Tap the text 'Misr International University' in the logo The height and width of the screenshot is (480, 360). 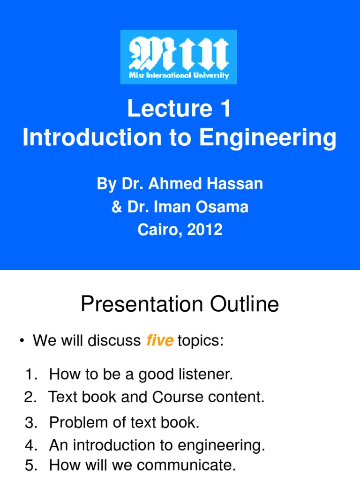pos(179,75)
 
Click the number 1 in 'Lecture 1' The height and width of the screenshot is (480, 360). pos(225,109)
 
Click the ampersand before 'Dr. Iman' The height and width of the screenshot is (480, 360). pos(116,207)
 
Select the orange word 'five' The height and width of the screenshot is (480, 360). pos(160,341)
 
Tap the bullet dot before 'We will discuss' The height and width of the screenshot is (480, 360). pos(22,342)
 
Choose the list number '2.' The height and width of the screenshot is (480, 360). pos(30,397)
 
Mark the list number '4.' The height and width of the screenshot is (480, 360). pos(31,445)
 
